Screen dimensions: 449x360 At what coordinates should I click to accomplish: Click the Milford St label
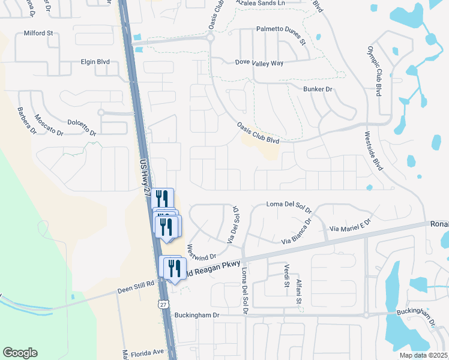(39, 34)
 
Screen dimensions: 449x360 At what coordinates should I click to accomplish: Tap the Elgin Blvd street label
(97, 61)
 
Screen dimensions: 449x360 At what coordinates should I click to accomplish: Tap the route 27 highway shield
(163, 304)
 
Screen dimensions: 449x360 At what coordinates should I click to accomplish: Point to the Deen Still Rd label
(136, 283)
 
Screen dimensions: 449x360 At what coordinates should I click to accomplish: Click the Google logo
(20, 353)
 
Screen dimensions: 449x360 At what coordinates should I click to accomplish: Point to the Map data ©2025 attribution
(423, 355)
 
